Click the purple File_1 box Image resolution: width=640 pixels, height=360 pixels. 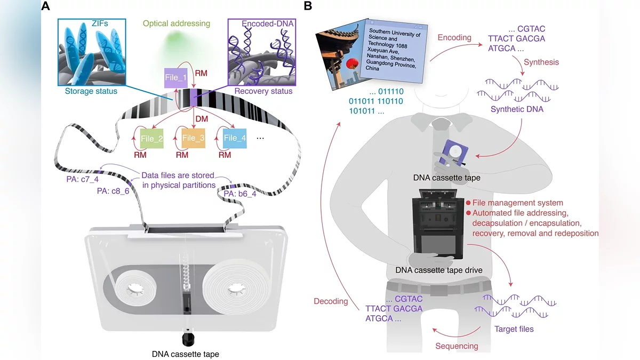(x=176, y=78)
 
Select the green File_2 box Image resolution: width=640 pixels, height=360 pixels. (x=151, y=139)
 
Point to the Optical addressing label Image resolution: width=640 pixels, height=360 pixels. (x=176, y=23)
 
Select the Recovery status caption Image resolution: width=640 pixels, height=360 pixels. (x=263, y=91)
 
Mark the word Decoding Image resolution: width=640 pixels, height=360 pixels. (x=331, y=301)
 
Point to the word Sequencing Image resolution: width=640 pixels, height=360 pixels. (x=456, y=346)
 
